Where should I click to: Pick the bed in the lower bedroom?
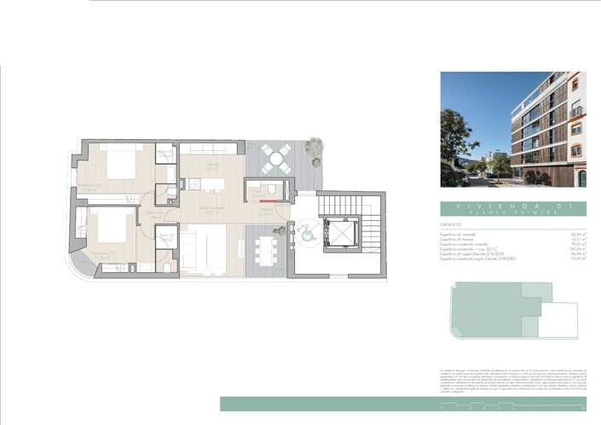coord(106,231)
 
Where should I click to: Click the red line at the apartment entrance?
coord(266,203)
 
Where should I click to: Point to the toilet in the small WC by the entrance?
coord(270,189)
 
